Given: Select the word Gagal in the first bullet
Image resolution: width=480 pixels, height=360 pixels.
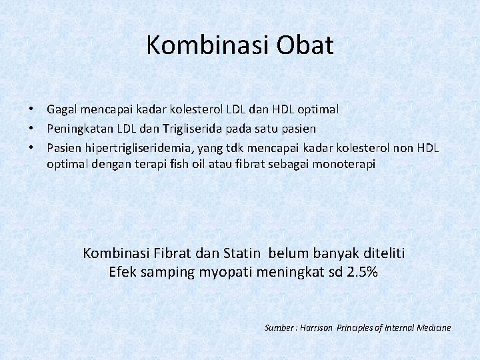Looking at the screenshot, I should click(61, 108).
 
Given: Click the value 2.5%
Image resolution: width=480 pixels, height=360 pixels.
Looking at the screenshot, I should click(363, 272).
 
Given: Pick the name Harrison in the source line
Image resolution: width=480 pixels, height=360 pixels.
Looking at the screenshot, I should click(317, 327).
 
